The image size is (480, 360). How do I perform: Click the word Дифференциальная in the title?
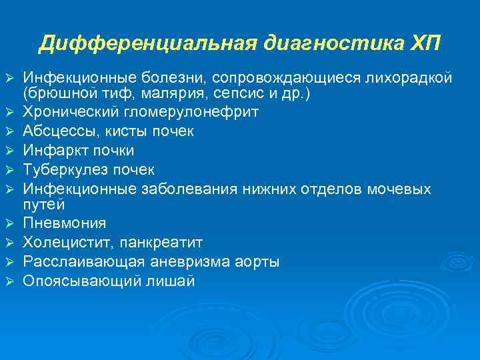(147, 43)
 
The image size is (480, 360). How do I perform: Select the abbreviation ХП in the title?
(424, 43)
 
